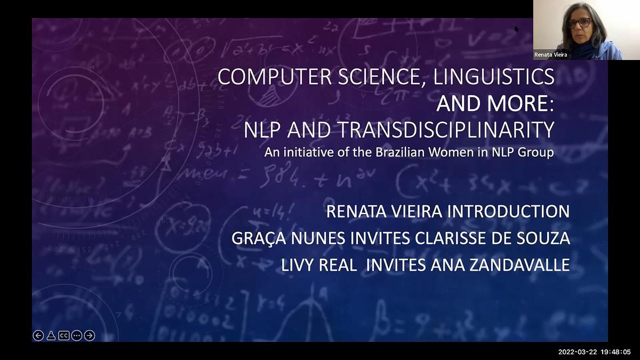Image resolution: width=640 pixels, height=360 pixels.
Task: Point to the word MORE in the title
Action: click(518, 103)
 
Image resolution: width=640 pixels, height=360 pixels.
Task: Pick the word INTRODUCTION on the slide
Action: click(508, 212)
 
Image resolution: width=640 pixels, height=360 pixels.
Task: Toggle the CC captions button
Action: click(64, 335)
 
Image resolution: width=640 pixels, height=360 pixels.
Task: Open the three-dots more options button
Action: click(77, 335)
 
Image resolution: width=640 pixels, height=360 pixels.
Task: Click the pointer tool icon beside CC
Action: click(51, 335)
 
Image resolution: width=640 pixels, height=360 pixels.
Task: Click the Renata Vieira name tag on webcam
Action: click(550, 55)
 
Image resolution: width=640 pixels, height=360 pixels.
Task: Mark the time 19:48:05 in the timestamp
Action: click(615, 352)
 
